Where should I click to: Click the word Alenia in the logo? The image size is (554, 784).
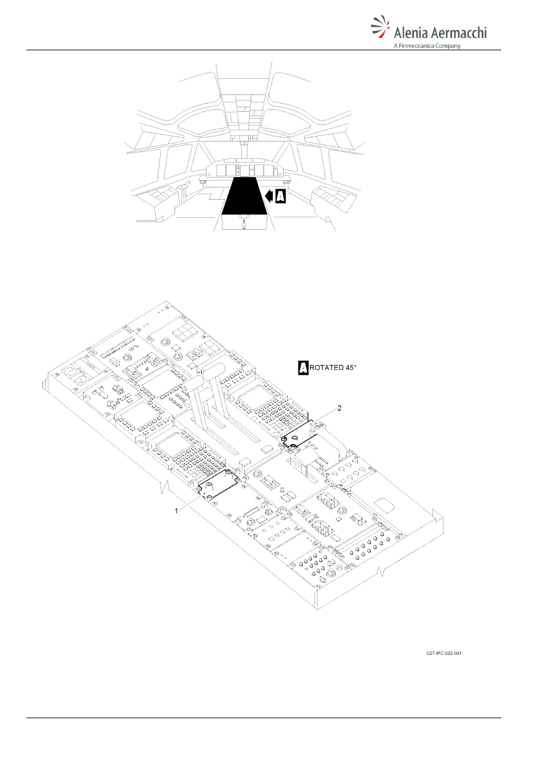pos(411,33)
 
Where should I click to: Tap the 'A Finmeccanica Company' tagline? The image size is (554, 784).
pos(427,45)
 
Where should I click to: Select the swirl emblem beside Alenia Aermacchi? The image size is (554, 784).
pos(380,26)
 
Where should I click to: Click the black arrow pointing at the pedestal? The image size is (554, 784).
pos(269,196)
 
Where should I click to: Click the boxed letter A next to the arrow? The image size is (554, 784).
pos(280,196)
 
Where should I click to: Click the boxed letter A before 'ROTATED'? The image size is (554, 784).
pos(303,368)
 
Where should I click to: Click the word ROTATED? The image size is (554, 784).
pos(327,368)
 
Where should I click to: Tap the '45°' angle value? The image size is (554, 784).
pos(351,367)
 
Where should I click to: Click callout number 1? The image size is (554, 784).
pos(177,511)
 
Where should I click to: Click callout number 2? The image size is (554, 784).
pos(339,408)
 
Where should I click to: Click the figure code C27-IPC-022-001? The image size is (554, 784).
pos(444,654)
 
